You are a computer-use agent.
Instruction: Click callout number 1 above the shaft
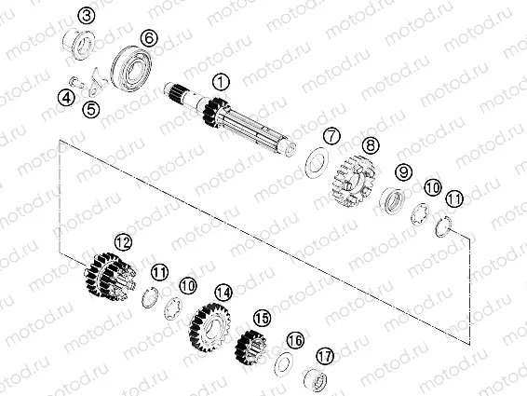(x=220, y=83)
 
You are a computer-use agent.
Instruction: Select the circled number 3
(x=85, y=16)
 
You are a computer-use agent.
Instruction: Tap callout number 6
(x=146, y=37)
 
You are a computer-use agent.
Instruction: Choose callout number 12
(x=120, y=241)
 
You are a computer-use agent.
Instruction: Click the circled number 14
(x=222, y=293)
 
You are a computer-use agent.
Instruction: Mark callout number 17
(x=324, y=355)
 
